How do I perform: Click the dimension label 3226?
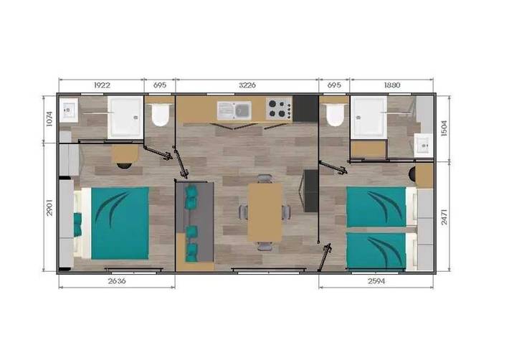point(247,85)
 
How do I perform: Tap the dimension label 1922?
point(102,85)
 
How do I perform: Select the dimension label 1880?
point(392,85)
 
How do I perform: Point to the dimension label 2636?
point(116,281)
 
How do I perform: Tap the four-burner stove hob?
point(278,109)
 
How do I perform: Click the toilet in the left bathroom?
point(160,115)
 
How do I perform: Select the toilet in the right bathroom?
point(334,114)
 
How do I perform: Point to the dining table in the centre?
point(265,212)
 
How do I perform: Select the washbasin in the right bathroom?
point(422,147)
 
